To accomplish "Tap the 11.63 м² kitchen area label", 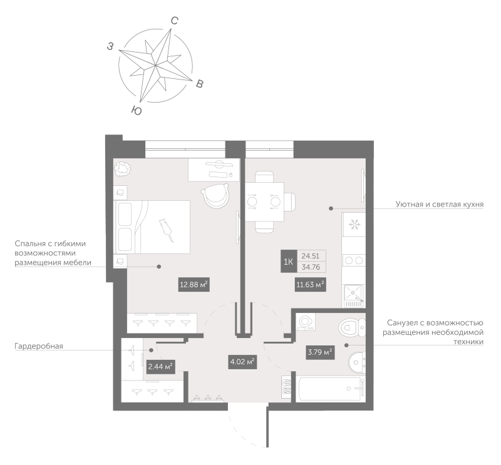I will tap(310, 285).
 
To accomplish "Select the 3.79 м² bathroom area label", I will tap(319, 352).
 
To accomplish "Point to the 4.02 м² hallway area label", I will tap(242, 362).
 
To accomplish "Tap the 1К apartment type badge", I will tap(289, 261).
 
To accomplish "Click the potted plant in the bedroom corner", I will tap(123, 168).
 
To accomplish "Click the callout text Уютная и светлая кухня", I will tap(440, 205).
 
